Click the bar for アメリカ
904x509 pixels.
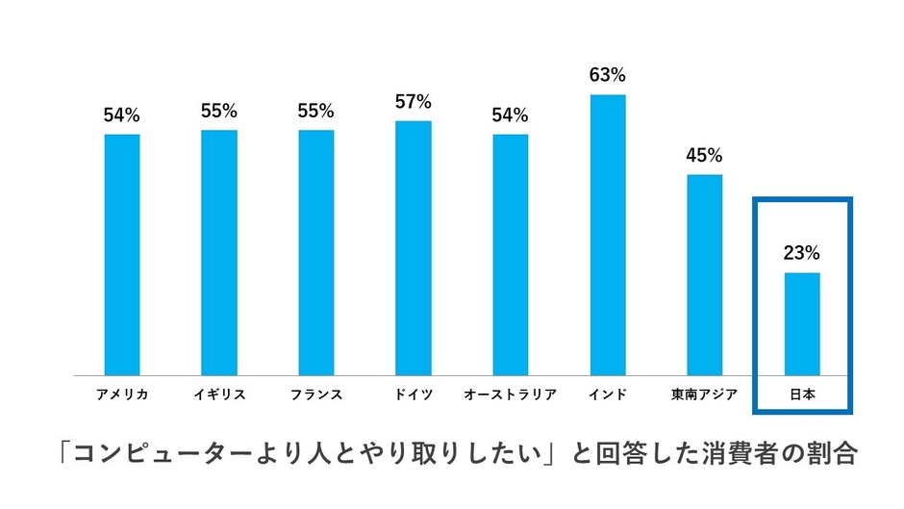pyautogui.click(x=122, y=254)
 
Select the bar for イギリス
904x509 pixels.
pyautogui.click(x=219, y=252)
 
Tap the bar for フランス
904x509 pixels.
pyautogui.click(x=316, y=252)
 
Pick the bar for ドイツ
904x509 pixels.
pyautogui.click(x=414, y=247)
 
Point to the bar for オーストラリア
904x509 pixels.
pyautogui.click(x=511, y=254)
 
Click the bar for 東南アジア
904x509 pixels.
pyautogui.click(x=704, y=274)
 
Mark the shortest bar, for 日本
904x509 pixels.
pyautogui.click(x=802, y=323)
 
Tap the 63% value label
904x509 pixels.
pyautogui.click(x=607, y=74)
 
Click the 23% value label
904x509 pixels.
pyautogui.click(x=801, y=253)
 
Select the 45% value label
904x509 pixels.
pyautogui.click(x=704, y=155)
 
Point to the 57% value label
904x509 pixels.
pyautogui.click(x=414, y=101)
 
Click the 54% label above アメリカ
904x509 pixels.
pyautogui.click(x=122, y=115)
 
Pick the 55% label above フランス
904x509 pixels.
pyautogui.click(x=316, y=111)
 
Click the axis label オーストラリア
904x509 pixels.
pyautogui.click(x=510, y=394)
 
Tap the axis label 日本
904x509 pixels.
pyautogui.click(x=801, y=394)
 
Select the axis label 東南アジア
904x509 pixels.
pyautogui.click(x=704, y=394)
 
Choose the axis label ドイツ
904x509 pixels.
pyautogui.click(x=414, y=394)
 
